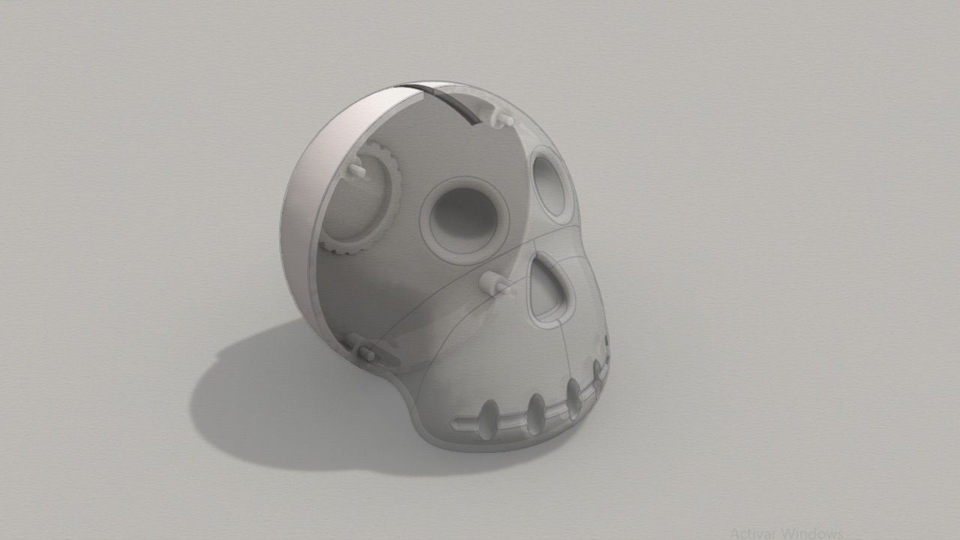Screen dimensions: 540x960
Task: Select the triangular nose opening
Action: pos(549,291)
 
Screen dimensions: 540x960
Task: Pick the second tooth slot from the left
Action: pos(535,412)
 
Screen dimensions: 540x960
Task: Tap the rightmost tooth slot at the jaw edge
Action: pos(598,373)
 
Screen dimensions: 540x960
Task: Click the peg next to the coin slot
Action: pos(502,117)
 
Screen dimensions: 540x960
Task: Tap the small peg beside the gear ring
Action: pos(355,171)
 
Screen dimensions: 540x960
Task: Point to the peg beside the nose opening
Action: pos(494,283)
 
